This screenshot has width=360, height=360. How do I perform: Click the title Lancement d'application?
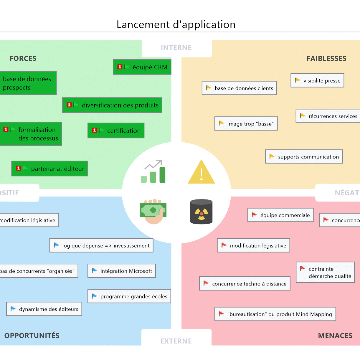click(176, 24)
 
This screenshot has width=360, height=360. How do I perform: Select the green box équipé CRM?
click(142, 67)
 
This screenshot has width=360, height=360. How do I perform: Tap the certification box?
click(116, 131)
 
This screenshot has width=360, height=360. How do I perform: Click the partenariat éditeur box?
click(50, 169)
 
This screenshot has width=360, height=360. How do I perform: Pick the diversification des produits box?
click(112, 105)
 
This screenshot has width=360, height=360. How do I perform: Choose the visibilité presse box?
click(317, 80)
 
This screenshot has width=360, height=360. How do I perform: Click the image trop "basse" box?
click(246, 124)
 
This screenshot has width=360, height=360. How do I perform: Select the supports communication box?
click(304, 157)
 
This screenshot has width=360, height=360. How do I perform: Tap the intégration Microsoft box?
click(122, 271)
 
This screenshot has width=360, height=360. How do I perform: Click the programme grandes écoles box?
click(129, 296)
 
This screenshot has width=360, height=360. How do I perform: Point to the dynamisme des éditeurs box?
click(44, 309)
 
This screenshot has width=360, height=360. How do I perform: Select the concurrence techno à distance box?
click(245, 284)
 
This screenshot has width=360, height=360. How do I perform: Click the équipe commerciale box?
click(280, 215)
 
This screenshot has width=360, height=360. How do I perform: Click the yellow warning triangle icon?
click(202, 172)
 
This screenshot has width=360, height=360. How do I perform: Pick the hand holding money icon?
click(153, 211)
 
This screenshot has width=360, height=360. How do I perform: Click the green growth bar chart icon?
click(153, 172)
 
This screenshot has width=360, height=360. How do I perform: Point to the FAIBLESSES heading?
click(326, 58)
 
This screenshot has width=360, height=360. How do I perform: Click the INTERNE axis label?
click(176, 47)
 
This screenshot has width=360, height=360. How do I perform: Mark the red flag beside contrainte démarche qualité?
click(303, 268)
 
